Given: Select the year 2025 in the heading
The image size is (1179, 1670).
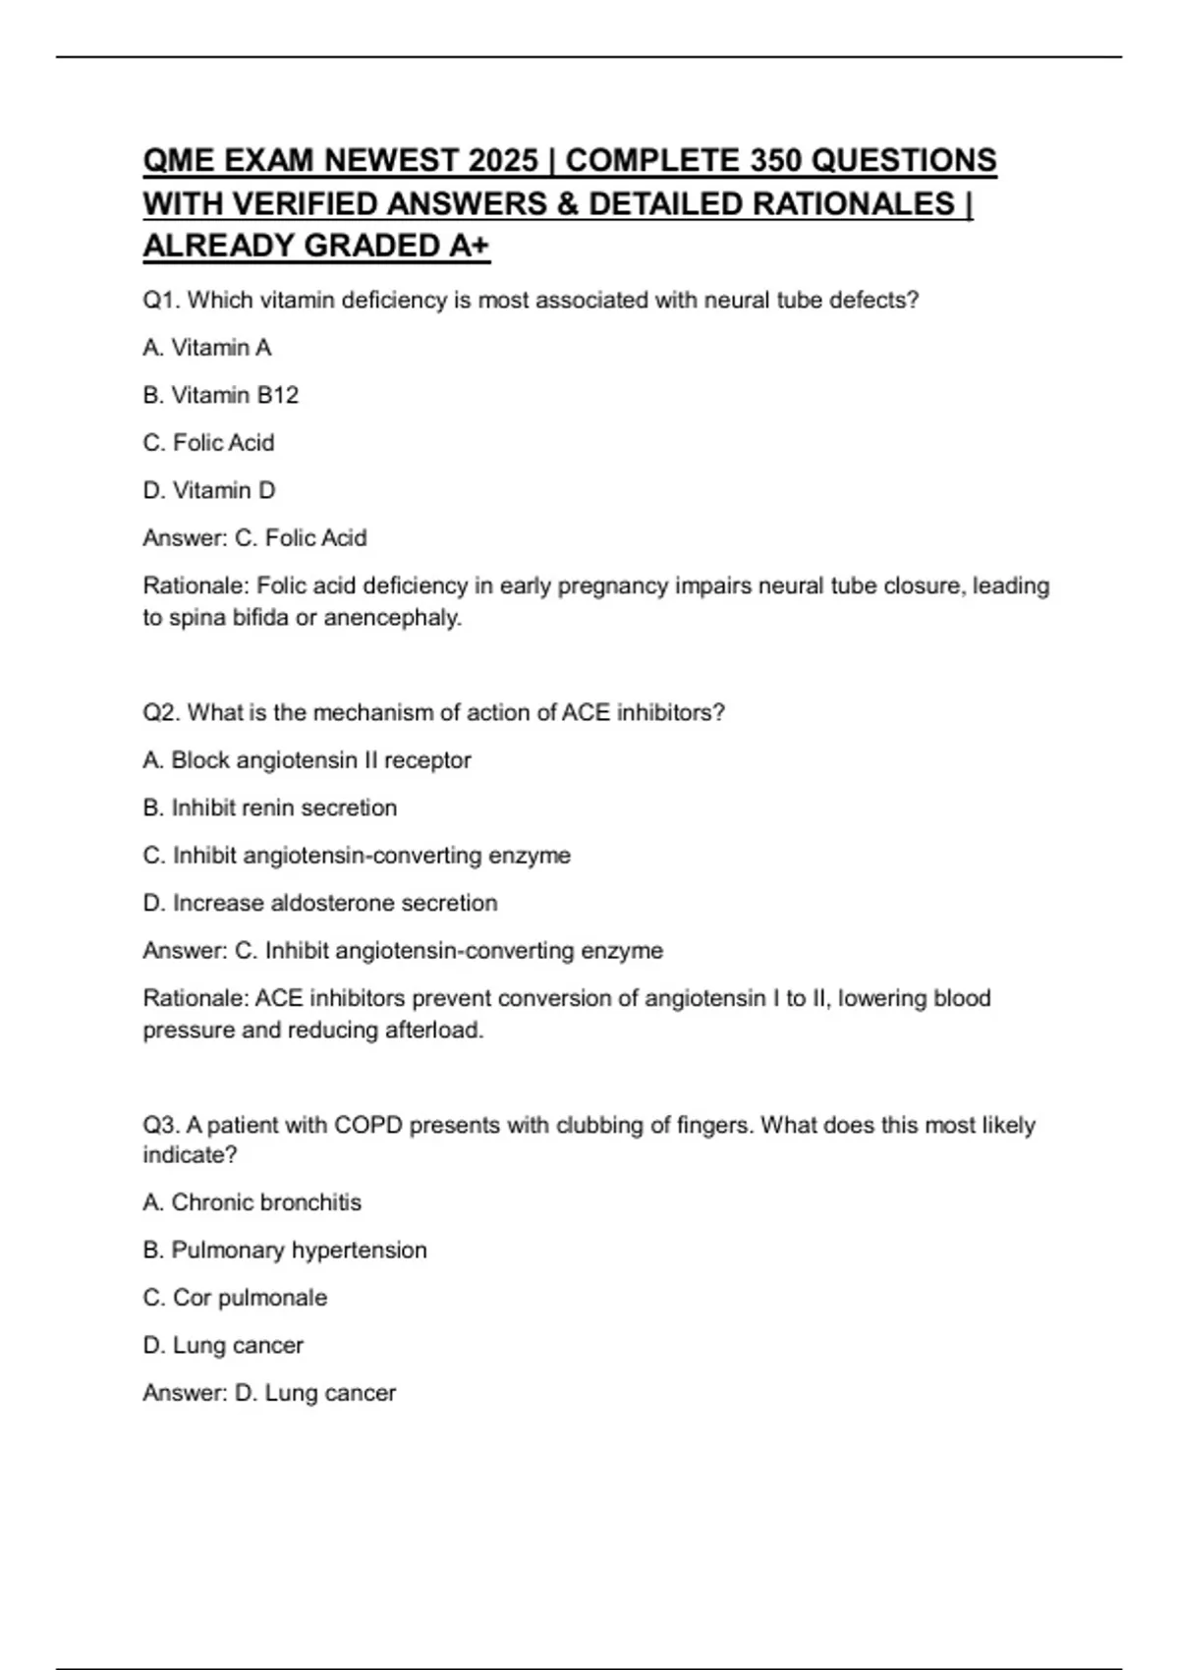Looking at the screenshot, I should point(503,160).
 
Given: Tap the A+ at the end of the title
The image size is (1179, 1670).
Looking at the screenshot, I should point(469,246).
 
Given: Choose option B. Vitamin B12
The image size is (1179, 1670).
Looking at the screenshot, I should point(220,395).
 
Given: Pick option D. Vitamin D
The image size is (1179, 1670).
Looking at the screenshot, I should point(209,490).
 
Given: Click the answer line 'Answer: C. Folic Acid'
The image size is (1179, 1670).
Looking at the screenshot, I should point(254,538).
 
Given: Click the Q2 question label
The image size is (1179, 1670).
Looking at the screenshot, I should point(161,713).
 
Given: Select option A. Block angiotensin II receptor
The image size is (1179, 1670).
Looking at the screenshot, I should point(307,760).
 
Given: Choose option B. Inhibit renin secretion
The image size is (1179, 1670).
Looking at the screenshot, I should point(269,807).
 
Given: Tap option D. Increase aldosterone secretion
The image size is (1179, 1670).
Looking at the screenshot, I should point(319,903).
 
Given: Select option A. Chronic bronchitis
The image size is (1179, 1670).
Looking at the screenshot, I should point(252,1202).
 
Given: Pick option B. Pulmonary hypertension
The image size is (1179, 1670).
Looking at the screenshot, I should point(284,1251).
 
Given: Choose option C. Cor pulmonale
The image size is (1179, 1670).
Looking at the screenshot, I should point(235,1298).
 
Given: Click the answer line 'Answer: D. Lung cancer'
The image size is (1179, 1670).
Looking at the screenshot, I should point(269,1393).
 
